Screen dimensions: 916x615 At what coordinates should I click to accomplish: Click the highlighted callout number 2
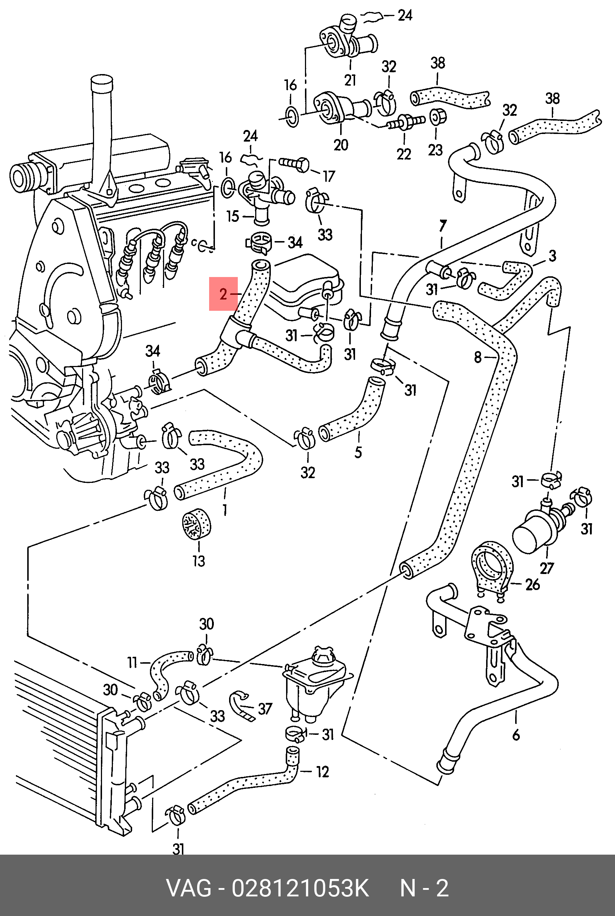223,294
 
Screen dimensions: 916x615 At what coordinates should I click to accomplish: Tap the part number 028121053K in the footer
300,888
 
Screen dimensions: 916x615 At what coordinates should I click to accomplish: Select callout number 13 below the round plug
199,561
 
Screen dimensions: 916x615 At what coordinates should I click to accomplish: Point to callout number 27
546,568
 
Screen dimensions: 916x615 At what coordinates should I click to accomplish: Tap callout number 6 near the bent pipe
516,734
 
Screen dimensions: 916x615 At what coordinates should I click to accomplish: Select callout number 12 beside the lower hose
322,772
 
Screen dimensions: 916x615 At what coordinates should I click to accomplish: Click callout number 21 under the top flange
350,80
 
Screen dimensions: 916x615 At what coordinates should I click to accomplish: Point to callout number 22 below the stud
404,154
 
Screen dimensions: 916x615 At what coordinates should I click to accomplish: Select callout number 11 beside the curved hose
132,663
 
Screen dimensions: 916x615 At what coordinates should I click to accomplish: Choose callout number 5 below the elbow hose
358,452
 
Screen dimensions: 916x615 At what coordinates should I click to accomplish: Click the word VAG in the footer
189,888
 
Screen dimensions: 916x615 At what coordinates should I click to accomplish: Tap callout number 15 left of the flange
233,216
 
